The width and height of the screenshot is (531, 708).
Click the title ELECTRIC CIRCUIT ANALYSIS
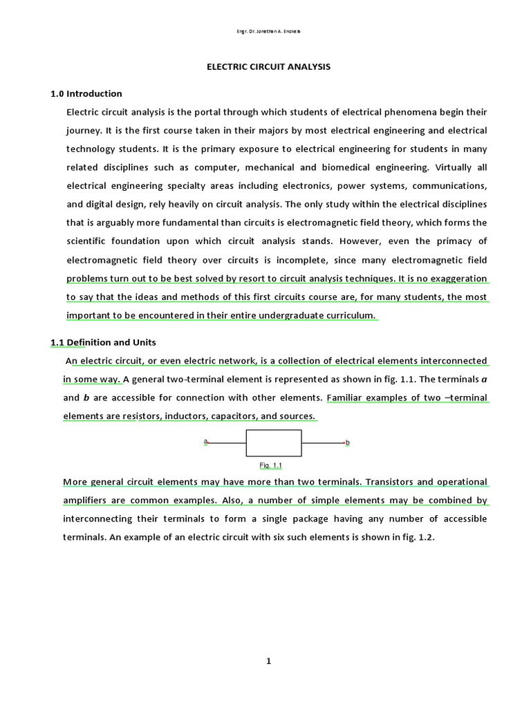pyautogui.click(x=269, y=67)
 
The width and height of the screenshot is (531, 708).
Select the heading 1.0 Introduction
pyautogui.click(x=86, y=93)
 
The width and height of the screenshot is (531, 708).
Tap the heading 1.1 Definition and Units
pyautogui.click(x=103, y=342)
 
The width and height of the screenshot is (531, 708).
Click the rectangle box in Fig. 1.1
pyautogui.click(x=274, y=442)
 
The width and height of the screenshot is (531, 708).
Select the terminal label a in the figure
pyautogui.click(x=205, y=440)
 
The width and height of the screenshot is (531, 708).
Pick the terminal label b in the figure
pyautogui.click(x=347, y=442)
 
